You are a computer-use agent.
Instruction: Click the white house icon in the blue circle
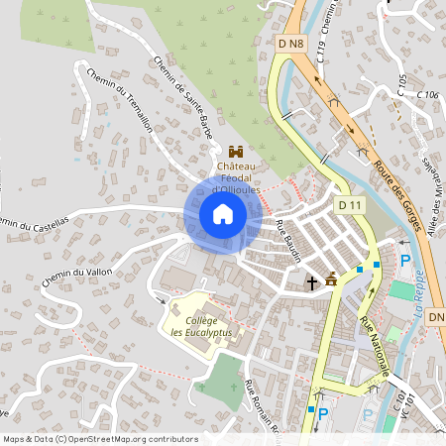click(x=223, y=214)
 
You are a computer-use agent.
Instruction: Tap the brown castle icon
click(x=236, y=152)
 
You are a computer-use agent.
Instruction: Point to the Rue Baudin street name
click(x=288, y=241)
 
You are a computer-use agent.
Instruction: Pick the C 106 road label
click(x=427, y=94)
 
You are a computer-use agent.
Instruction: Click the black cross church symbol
click(x=311, y=282)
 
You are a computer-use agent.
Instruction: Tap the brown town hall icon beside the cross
click(x=331, y=280)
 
